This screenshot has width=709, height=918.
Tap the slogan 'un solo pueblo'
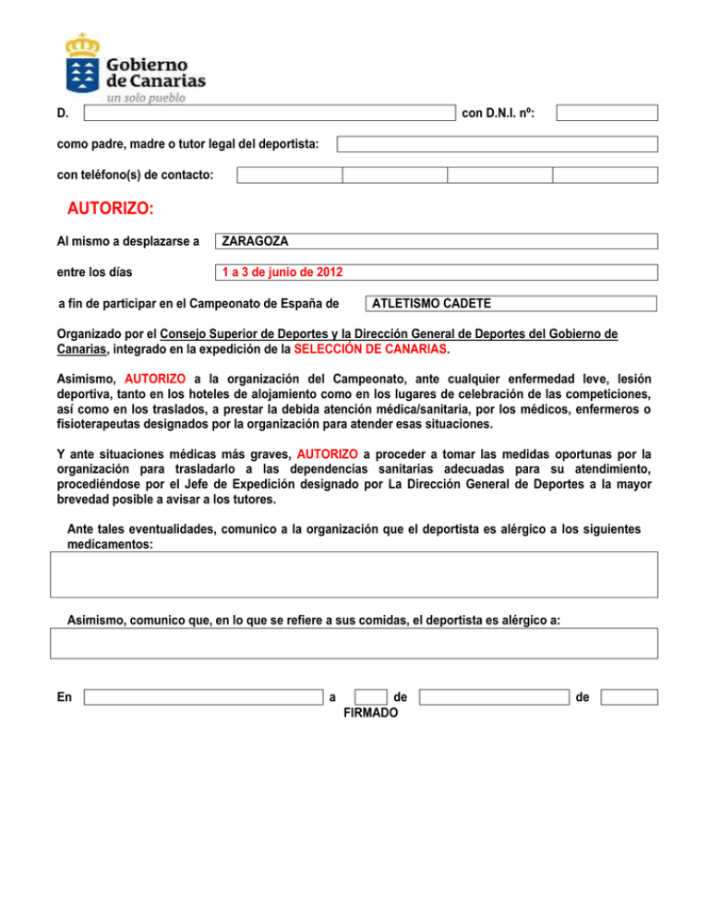tap(147, 96)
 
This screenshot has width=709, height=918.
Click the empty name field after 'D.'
tap(269, 113)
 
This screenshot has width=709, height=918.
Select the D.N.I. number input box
tap(607, 113)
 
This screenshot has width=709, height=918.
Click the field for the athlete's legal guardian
tap(497, 144)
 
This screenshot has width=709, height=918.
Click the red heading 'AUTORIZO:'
tap(111, 209)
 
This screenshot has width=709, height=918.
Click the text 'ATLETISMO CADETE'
tap(430, 303)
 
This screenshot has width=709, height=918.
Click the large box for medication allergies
tap(354, 574)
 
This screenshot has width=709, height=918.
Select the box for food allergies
tap(354, 643)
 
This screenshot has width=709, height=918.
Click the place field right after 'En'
tap(202, 697)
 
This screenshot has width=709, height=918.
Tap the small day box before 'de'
tap(370, 697)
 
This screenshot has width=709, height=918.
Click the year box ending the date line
tap(629, 697)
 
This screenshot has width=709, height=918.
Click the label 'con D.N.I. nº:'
tap(499, 114)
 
